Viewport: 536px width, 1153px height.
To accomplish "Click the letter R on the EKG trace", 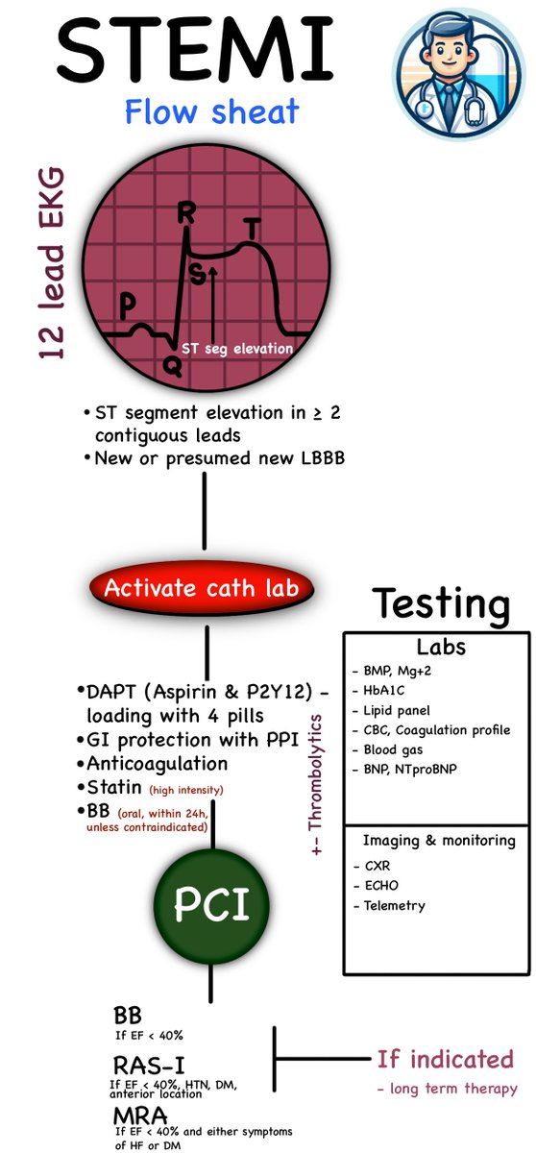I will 185,214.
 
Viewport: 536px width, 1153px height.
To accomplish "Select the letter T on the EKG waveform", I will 252,230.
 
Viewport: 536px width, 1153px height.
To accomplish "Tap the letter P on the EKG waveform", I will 128,305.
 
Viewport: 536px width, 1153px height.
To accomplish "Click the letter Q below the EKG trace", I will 170,364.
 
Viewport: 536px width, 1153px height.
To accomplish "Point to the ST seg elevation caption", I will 236,349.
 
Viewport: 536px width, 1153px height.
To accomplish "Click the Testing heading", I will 441,604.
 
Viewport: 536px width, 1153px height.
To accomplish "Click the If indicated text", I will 445,1059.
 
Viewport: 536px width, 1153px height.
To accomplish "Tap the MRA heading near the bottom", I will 138,1116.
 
